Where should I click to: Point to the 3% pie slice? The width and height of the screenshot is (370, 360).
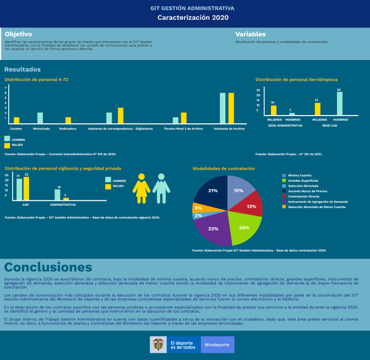tap(197, 216)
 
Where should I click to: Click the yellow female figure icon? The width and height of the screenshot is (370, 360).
tap(141, 188)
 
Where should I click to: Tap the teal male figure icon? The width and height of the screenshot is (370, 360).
tap(161, 188)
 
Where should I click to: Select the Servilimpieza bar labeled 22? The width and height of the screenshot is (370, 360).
tap(340, 103)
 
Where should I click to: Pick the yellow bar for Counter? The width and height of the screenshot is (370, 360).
tap(17, 120)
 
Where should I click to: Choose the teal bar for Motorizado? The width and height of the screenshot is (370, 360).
tap(40, 118)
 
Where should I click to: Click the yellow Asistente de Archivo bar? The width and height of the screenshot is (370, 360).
tap(231, 108)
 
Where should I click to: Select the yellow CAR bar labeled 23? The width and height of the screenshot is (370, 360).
tap(26, 188)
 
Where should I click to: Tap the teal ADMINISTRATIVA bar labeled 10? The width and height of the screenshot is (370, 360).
tap(58, 194)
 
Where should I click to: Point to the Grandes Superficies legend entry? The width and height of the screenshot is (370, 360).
tap(303, 180)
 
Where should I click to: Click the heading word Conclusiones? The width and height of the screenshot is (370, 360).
tap(48, 267)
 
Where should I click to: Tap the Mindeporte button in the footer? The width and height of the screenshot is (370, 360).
tap(217, 345)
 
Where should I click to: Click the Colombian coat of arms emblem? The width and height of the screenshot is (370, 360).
tap(159, 345)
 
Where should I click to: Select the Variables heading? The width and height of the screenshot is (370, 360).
tap(250, 34)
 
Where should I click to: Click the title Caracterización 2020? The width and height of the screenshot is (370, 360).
tap(185, 18)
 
